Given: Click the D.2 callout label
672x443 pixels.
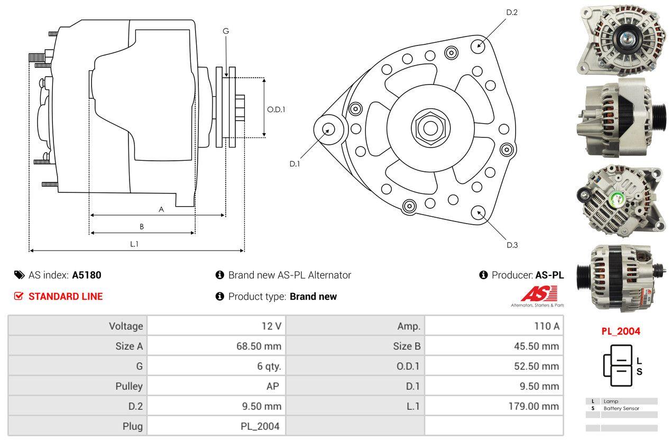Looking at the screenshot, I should pos(511,12).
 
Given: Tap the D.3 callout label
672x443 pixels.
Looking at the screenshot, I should pos(512,245).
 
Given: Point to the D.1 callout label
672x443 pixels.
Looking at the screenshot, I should pos(294,164).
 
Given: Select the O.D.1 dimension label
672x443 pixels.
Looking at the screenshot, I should pos(276,110).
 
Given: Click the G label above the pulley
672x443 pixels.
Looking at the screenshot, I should pos(226,31).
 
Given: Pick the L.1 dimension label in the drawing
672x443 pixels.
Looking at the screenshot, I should pos(134,244).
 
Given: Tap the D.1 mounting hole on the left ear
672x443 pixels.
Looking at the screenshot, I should pos(328,129).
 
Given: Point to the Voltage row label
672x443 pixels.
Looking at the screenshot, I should pos(126,326).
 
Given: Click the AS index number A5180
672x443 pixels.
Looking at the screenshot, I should pos(87,275).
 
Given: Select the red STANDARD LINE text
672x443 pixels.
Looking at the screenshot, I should pos(65,297).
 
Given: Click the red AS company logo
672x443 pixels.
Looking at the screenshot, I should pos(539,294).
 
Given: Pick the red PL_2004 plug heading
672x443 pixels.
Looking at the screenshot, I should pos(620,331).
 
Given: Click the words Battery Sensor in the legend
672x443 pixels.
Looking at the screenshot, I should pos(621,409).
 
